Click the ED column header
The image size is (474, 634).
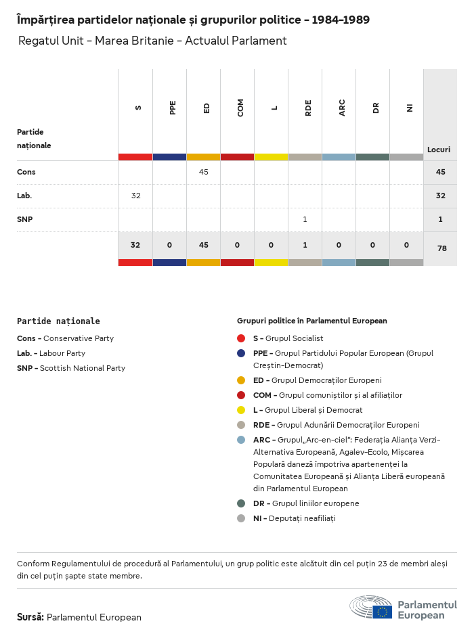[x=207, y=108]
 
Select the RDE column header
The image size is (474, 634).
[x=308, y=108]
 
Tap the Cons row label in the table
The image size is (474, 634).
[x=26, y=172]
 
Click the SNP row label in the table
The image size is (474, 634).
[x=24, y=219]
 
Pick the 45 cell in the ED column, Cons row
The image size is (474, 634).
[x=203, y=172]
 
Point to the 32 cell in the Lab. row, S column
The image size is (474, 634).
[x=135, y=196]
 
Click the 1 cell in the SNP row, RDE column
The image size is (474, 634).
[x=305, y=219]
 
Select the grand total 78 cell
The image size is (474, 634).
[x=441, y=248]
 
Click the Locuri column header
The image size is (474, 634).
[x=439, y=150]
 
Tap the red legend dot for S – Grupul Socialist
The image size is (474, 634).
[x=241, y=338]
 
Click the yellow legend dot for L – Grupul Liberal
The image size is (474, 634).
[x=241, y=410]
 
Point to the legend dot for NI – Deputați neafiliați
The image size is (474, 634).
[x=241, y=518]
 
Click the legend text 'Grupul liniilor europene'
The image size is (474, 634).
[x=316, y=503]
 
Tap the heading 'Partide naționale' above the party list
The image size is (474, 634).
[x=58, y=321]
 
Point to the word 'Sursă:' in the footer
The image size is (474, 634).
[x=30, y=617]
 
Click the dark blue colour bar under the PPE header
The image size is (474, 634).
[x=169, y=157]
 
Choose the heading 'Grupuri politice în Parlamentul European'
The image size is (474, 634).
[x=311, y=321]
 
